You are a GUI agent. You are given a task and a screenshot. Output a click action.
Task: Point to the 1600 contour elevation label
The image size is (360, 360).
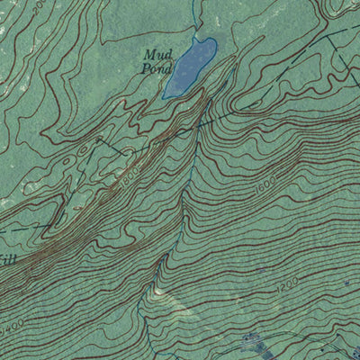click(x=264, y=190)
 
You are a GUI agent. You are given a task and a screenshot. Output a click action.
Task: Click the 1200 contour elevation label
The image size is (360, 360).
click(x=286, y=287)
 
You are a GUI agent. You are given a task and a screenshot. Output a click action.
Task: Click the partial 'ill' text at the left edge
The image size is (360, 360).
click(x=7, y=260)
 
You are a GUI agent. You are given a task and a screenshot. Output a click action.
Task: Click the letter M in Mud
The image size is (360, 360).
click(x=148, y=55)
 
